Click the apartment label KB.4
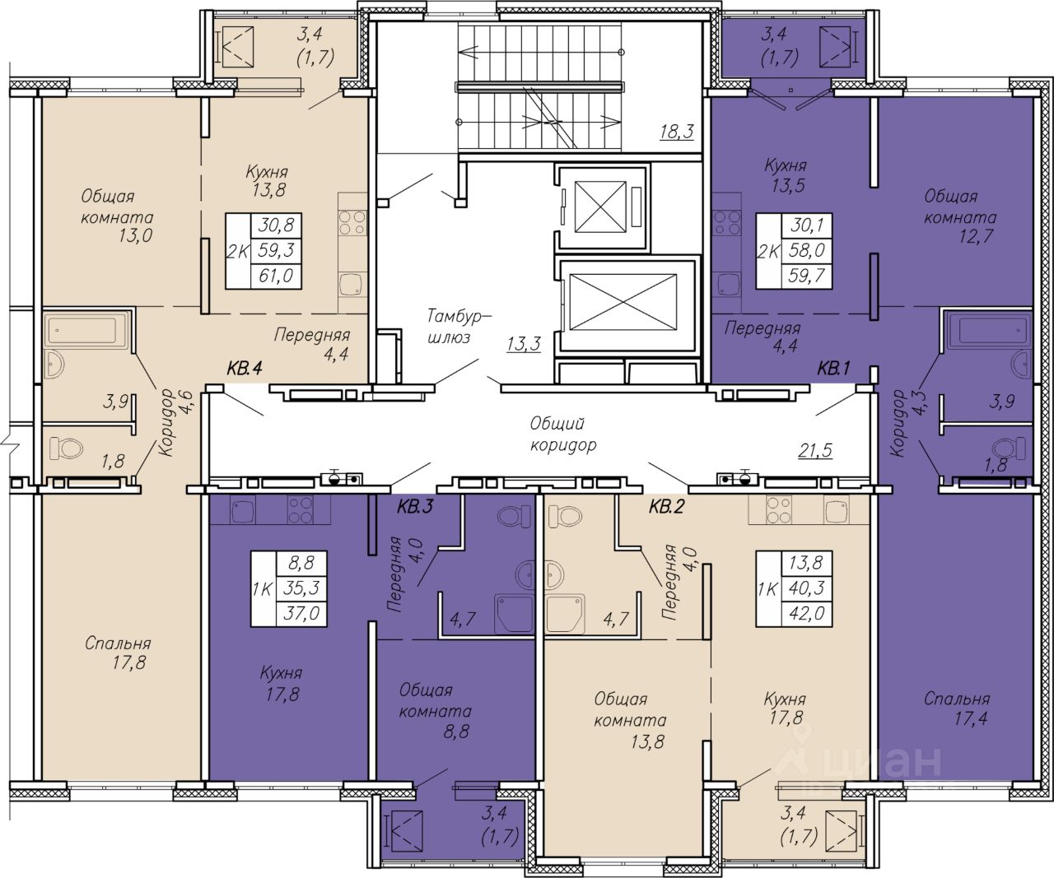[245, 369]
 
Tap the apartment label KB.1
[833, 369]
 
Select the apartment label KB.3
[415, 507]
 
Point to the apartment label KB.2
[666, 507]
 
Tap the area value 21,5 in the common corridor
[814, 449]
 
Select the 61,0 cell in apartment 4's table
[276, 276]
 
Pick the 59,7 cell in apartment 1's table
[807, 276]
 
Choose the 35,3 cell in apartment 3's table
[302, 588]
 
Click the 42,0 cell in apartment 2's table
[807, 614]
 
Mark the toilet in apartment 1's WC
[1009, 448]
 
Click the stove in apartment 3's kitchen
[300, 509]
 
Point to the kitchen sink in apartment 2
[837, 509]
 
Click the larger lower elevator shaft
[623, 302]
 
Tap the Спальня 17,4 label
[957, 708]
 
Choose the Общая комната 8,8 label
[435, 710]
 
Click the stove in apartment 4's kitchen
[352, 222]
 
